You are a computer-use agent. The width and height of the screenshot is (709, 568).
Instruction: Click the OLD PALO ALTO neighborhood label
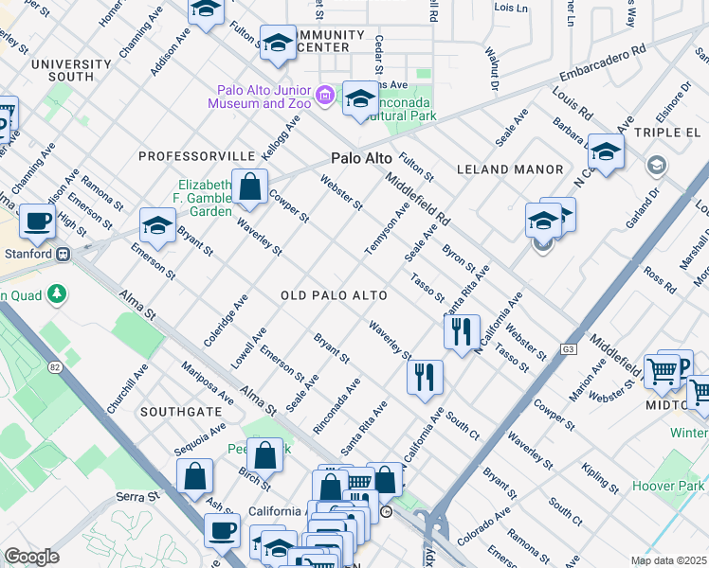[x=334, y=296]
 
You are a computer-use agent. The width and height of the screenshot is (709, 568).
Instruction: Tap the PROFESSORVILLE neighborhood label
[x=196, y=155]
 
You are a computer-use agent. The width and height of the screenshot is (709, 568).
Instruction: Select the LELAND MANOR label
[x=502, y=169]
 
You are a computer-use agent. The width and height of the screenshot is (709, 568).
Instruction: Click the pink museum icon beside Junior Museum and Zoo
[x=325, y=95]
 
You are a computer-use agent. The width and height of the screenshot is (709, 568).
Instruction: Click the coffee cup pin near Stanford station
[x=38, y=222]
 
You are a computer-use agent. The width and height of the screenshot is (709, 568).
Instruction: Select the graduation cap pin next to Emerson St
[x=157, y=225]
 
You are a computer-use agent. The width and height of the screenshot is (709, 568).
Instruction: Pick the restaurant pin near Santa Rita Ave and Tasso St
[x=462, y=332]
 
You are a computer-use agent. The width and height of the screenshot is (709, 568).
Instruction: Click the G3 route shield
[x=568, y=348]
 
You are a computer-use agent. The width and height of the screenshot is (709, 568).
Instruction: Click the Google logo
[x=32, y=556]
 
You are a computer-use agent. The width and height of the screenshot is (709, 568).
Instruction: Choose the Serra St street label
[x=138, y=496]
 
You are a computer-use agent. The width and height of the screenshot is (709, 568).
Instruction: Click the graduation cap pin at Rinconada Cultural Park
[x=360, y=99]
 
